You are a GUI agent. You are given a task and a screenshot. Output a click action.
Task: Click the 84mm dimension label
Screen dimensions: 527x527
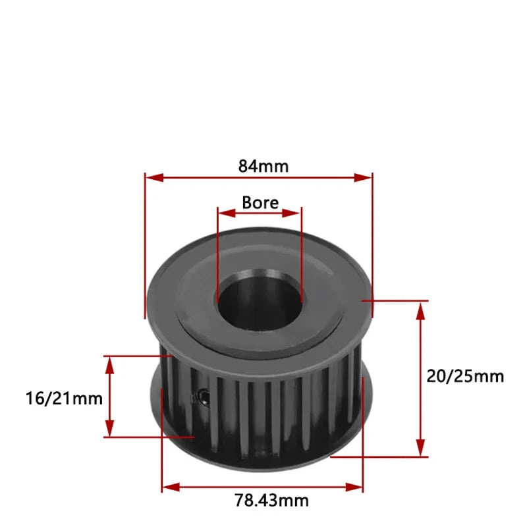coord(263,166)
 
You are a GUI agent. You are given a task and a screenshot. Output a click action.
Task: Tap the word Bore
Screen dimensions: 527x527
coord(260,202)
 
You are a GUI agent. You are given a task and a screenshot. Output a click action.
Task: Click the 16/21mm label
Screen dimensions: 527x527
coord(65,398)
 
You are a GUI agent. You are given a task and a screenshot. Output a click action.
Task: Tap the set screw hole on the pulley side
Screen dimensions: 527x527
coord(198,396)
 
